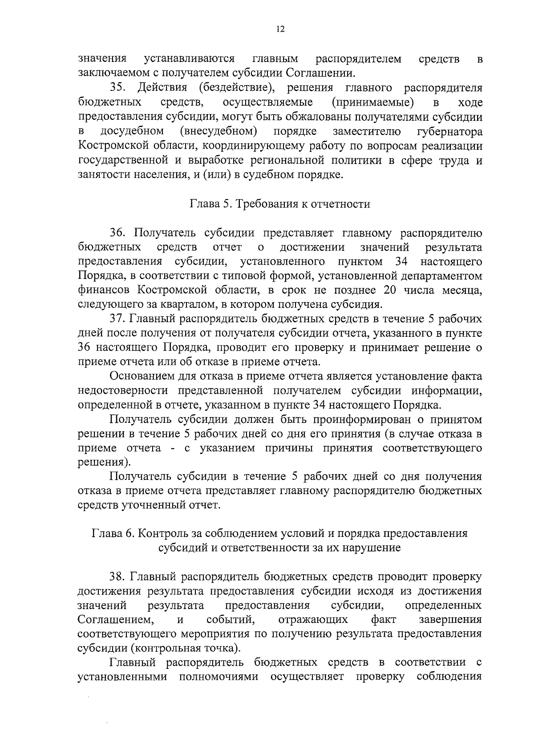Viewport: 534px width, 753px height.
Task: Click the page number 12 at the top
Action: coord(280,29)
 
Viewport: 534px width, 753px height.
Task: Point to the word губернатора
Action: coord(450,131)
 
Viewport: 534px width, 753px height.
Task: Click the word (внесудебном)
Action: coord(219,131)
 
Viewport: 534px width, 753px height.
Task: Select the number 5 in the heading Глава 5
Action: coord(226,204)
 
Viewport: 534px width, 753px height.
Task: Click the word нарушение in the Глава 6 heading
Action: coord(373,548)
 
